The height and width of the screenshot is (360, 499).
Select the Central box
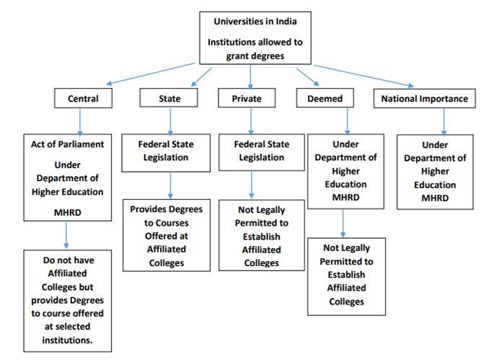83,99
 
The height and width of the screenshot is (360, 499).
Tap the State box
170,99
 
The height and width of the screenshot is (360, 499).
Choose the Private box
247,99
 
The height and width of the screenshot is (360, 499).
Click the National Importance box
424,99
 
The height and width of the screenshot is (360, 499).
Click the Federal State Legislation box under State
170,152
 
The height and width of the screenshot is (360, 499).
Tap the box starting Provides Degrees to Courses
167,236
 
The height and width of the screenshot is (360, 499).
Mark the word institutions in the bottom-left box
67,340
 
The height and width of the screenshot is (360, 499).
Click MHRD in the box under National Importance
435,198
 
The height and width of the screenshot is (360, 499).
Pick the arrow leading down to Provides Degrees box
170,185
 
